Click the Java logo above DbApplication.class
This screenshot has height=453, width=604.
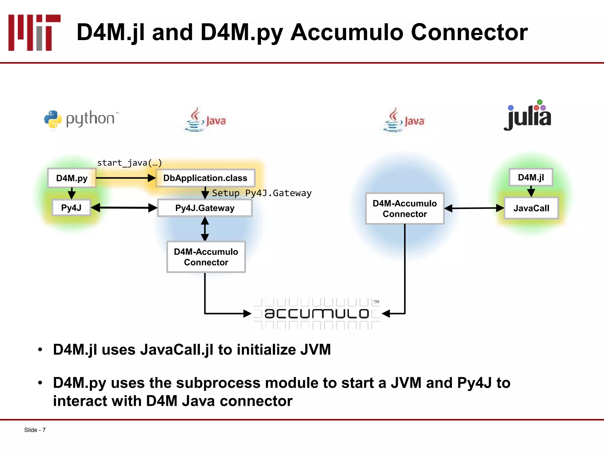click(205, 120)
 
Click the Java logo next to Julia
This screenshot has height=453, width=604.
click(404, 120)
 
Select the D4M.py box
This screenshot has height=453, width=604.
click(72, 178)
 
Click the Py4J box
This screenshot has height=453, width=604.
click(71, 208)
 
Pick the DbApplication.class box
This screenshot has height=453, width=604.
click(205, 178)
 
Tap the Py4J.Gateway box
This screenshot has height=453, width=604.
click(205, 208)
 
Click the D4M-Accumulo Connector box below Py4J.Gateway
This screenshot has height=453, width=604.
click(206, 257)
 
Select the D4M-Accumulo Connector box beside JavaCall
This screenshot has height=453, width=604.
click(405, 209)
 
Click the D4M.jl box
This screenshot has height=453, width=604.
click(531, 177)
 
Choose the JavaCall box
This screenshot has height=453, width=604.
click(531, 208)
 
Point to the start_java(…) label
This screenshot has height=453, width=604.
click(129, 163)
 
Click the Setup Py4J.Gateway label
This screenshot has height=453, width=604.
click(262, 193)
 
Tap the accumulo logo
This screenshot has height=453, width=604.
click(317, 313)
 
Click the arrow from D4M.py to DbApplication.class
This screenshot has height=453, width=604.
click(125, 178)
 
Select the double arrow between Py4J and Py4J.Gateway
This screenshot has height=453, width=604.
click(124, 208)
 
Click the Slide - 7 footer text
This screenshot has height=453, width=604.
click(35, 430)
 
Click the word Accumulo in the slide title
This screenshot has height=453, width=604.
click(347, 32)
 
